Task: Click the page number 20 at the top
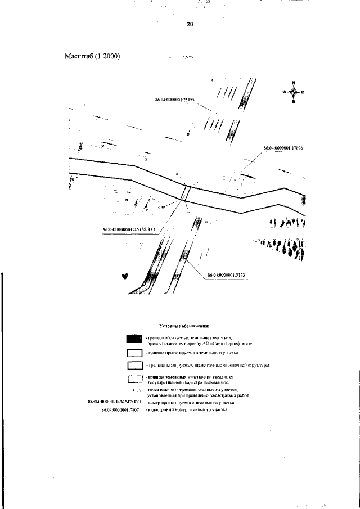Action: click(190, 24)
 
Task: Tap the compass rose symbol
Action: click(293, 92)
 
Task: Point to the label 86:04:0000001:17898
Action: click(283, 148)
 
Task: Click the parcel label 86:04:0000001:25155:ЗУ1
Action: click(129, 229)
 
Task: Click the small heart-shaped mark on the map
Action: click(125, 276)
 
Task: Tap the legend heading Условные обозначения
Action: click(184, 326)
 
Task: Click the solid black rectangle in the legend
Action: click(134, 339)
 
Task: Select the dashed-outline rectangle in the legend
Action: click(134, 380)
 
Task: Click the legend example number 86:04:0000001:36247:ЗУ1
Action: click(115, 403)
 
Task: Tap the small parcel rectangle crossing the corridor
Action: click(186, 193)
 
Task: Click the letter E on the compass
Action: click(303, 92)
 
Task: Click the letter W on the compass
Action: click(284, 92)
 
